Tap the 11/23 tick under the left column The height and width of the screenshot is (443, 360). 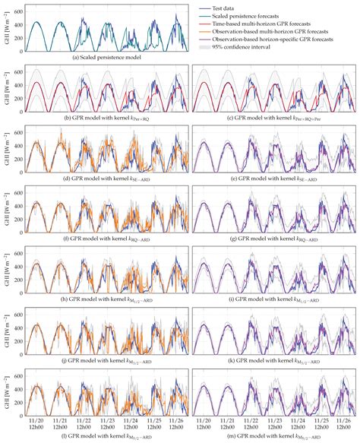[108, 419]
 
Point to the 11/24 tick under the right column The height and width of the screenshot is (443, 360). [295, 419]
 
